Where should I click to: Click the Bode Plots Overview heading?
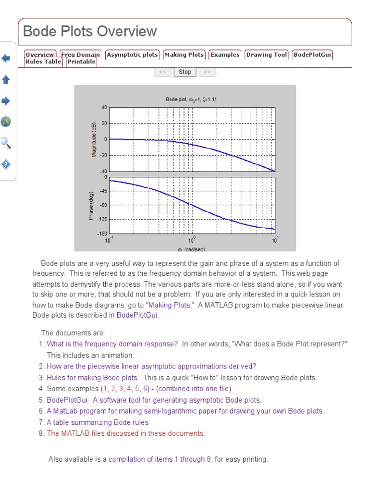click(90, 32)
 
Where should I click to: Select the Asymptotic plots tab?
click(132, 55)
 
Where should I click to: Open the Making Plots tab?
click(184, 55)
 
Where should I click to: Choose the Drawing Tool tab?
click(267, 55)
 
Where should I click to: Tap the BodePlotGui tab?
click(312, 55)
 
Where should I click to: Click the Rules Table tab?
click(43, 62)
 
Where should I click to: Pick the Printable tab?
click(81, 62)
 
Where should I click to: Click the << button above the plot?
click(162, 72)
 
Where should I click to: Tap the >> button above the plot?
click(207, 72)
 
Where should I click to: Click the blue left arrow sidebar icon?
click(6, 59)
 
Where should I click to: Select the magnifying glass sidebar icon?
click(6, 143)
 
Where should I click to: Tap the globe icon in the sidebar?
click(6, 122)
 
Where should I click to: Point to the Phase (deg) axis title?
click(91, 206)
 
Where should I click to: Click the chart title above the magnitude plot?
click(191, 99)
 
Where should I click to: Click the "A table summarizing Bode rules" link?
click(98, 423)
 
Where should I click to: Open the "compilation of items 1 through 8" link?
click(160, 459)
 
